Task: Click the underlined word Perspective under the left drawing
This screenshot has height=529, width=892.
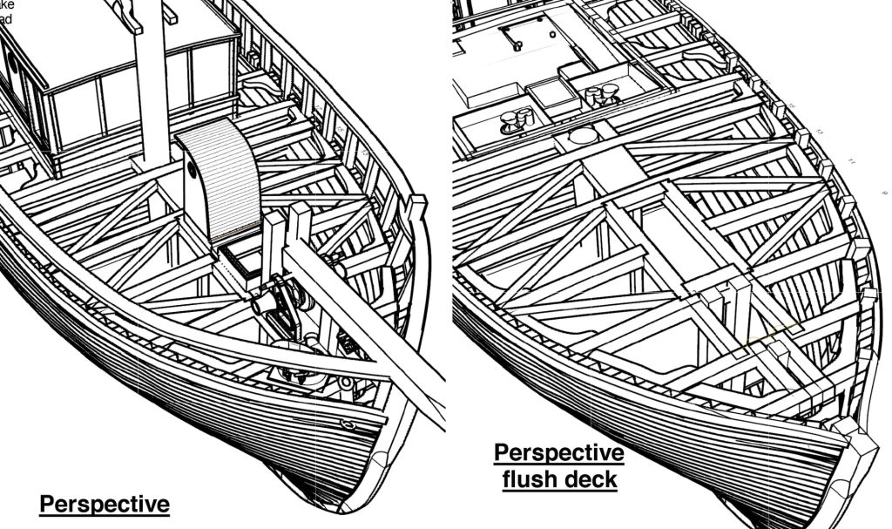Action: (x=104, y=505)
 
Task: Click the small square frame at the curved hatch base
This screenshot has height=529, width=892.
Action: (x=240, y=261)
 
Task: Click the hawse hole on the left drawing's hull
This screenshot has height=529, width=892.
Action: (x=348, y=424)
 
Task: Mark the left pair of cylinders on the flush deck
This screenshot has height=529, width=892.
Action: (x=515, y=120)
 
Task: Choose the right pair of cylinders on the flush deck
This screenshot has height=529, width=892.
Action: (x=599, y=94)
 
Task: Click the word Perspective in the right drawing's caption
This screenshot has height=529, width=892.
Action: (x=558, y=453)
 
